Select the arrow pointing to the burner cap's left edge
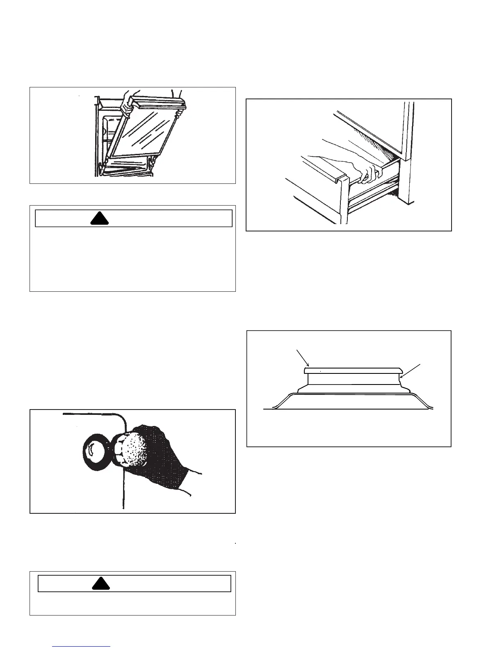(x=302, y=357)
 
